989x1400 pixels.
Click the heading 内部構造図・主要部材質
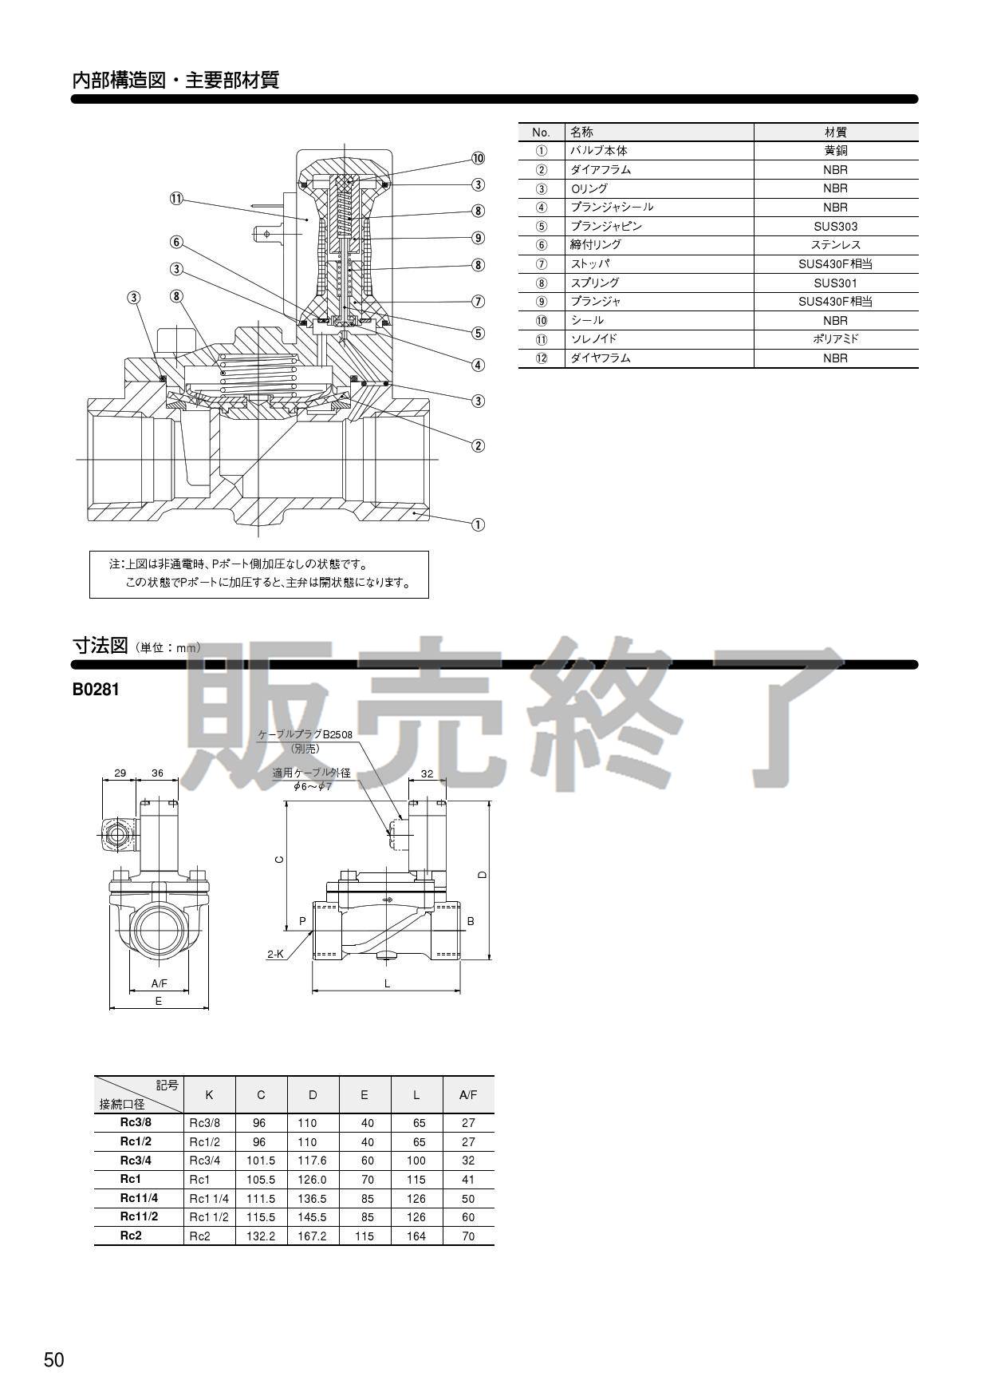click(175, 81)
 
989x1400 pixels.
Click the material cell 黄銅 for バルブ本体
click(835, 151)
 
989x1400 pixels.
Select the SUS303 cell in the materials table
click(835, 227)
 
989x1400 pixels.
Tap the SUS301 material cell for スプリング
click(835, 283)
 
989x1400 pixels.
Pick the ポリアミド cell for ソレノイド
click(835, 339)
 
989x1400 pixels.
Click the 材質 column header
click(835, 132)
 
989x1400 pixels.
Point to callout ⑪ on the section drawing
click(176, 199)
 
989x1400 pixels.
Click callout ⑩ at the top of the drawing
click(478, 158)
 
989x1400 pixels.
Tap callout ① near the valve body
click(478, 524)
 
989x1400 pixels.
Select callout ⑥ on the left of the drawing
click(176, 243)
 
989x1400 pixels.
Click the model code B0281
click(96, 690)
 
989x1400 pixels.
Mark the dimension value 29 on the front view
click(120, 773)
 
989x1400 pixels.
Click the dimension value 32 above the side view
click(427, 773)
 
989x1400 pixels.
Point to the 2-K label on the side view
click(275, 954)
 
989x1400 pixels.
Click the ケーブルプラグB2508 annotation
click(305, 734)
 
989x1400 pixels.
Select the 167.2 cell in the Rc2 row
click(312, 1236)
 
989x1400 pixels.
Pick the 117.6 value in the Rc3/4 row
click(312, 1161)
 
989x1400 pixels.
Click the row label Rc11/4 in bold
click(139, 1198)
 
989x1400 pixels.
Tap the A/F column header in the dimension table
click(468, 1095)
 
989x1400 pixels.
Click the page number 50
click(54, 1360)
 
